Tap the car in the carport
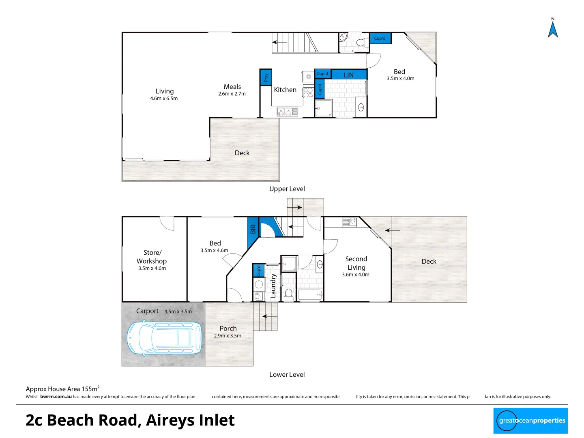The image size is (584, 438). tap(165, 338)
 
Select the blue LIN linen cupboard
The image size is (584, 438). tap(349, 75)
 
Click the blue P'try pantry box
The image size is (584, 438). tap(266, 77)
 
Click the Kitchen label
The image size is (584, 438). tap(285, 90)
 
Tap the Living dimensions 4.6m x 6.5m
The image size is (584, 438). tap(164, 99)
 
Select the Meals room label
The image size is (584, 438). tap(232, 86)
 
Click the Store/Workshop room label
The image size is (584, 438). tap(152, 257)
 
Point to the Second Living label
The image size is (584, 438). tap(356, 263)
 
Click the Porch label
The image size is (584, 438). tap(228, 328)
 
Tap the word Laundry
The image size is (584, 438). tap(273, 286)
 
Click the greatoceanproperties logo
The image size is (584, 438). tap(530, 421)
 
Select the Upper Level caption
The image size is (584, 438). tap(287, 189)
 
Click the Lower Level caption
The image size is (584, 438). tap(287, 374)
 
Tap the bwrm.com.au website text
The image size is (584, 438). tap(56, 397)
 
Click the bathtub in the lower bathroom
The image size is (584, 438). tap(310, 294)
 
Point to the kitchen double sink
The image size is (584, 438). tap(288, 111)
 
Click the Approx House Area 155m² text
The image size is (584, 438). tap(62, 389)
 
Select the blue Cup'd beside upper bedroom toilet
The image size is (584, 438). tap(380, 38)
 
